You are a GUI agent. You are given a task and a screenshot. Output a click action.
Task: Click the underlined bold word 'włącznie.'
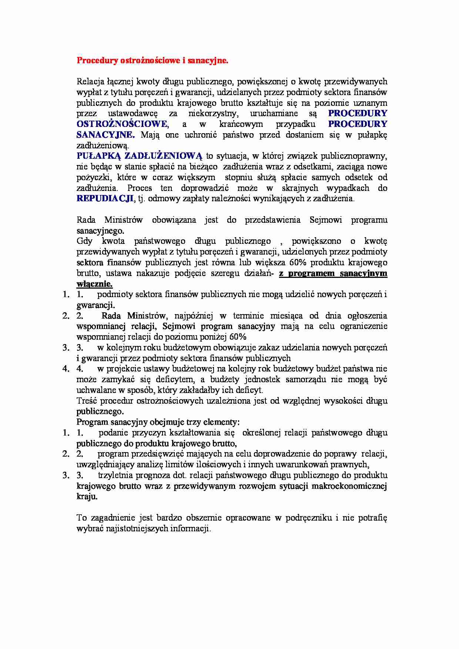[94, 284]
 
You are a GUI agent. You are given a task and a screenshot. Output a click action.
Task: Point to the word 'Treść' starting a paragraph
[87, 401]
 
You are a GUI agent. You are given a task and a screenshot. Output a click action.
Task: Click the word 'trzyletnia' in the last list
[115, 475]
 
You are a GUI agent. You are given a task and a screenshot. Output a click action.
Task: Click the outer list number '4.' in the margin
[66, 369]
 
